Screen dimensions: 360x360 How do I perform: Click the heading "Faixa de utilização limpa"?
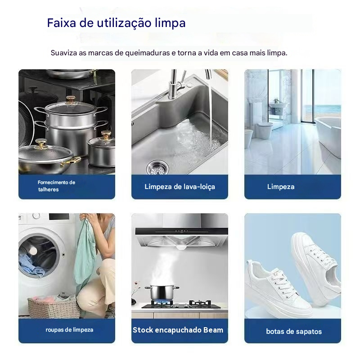point(116,23)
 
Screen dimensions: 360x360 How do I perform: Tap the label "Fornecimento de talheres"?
point(56,186)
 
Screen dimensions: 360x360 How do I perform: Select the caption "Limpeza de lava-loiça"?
point(180,186)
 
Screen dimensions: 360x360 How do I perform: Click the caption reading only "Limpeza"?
point(280,186)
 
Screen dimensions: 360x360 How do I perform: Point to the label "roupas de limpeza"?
point(69,330)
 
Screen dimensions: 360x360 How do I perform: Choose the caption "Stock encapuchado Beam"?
point(178,330)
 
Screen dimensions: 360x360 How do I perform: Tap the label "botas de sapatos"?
point(293,331)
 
